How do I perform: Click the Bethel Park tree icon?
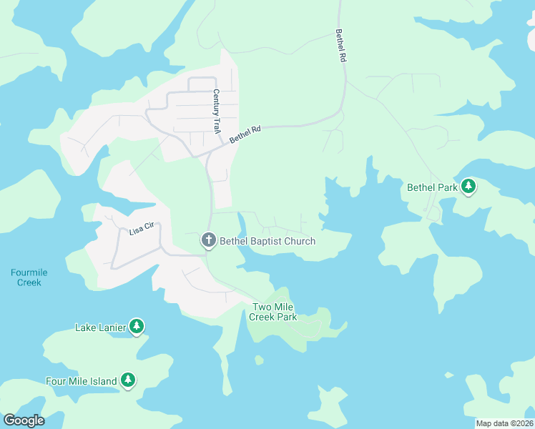coord(468,187)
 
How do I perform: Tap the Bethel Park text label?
coord(432,187)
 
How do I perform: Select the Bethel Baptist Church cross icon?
coord(208,240)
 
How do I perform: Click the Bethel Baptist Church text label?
coord(267,241)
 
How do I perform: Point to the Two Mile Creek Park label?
coord(274,312)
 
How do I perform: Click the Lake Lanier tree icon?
coord(137,327)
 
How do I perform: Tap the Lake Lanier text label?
coord(101,327)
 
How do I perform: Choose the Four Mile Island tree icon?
coord(128,380)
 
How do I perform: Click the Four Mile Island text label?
coord(81,381)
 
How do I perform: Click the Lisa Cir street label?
coord(142,230)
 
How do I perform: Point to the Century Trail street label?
coord(215,111)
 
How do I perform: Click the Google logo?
coord(24,420)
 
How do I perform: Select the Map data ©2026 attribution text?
coord(504,423)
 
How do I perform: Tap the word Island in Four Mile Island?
coord(103,381)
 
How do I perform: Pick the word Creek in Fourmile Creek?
coord(29,282)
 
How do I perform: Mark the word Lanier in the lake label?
coord(113,327)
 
